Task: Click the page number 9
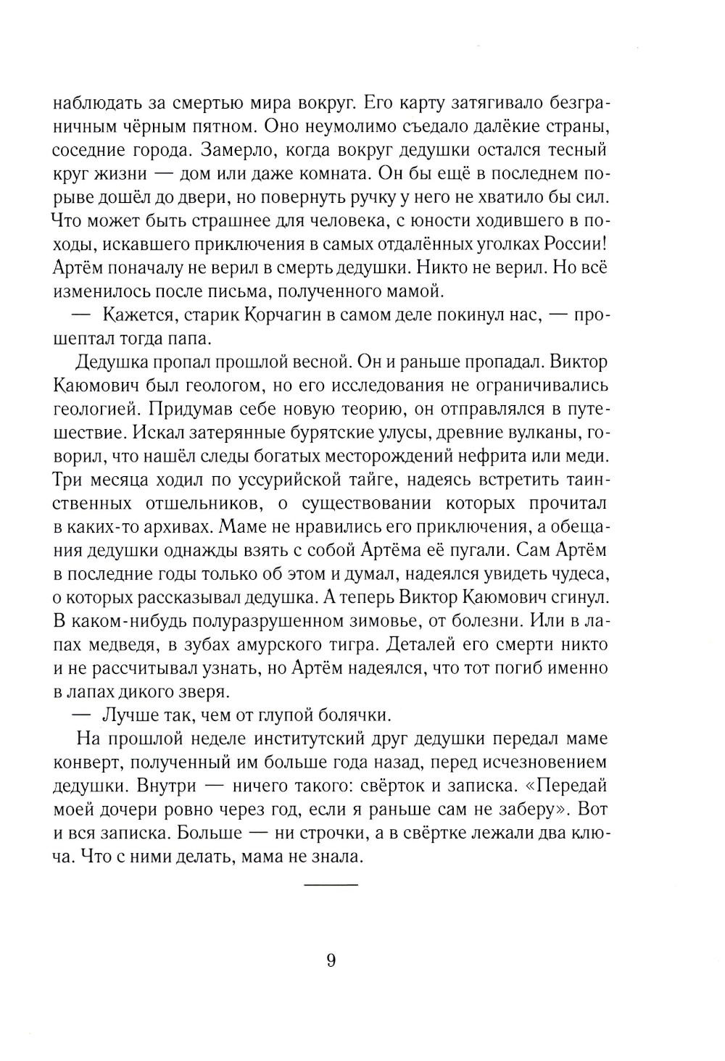(331, 961)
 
